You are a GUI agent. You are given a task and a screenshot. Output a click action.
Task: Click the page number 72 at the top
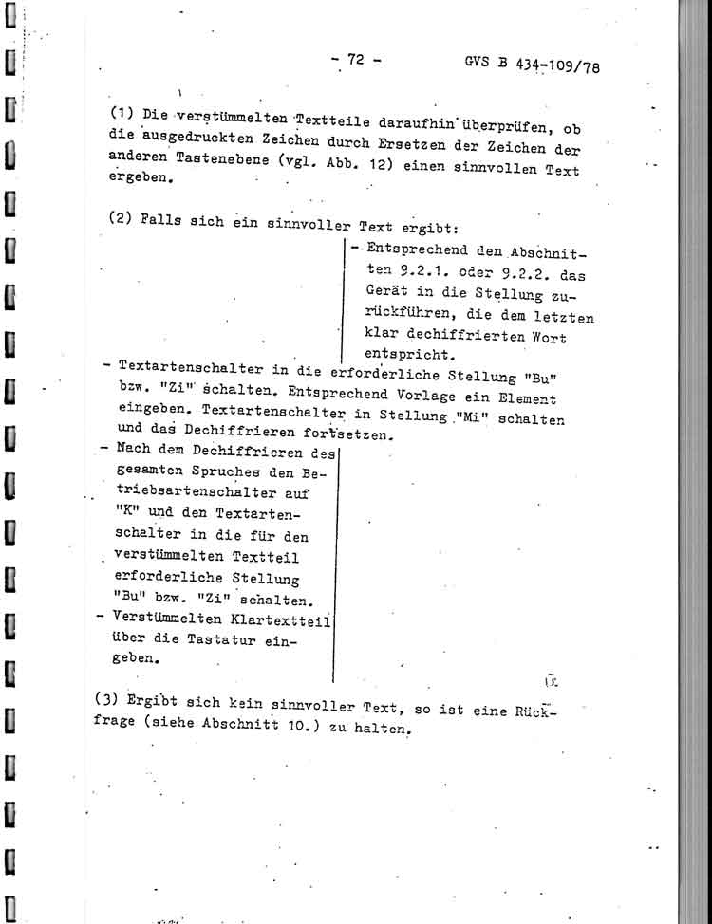(x=356, y=60)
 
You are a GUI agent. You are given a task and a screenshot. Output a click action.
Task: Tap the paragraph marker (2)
(x=122, y=218)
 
